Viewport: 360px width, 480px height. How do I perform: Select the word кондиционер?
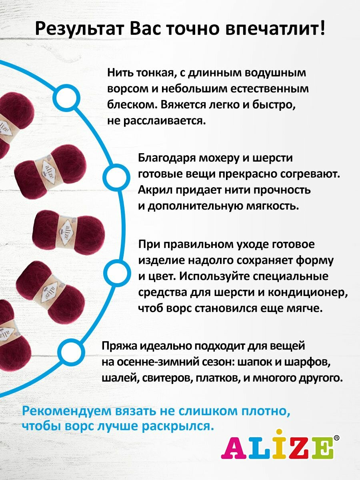click(304, 292)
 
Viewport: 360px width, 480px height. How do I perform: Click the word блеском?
click(130, 105)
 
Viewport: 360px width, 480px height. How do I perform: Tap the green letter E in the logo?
click(323, 448)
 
